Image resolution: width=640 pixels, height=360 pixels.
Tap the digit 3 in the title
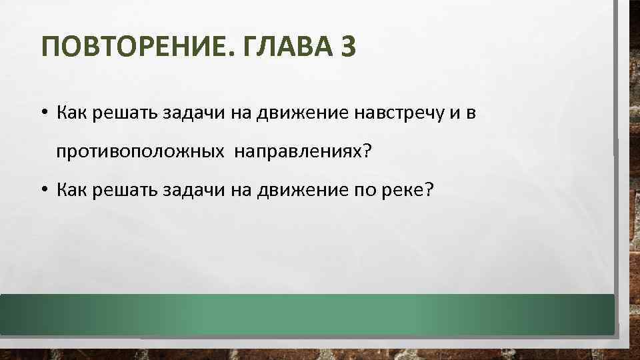(349, 48)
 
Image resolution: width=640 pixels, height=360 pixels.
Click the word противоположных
(139, 152)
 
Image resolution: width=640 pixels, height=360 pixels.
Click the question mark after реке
(429, 191)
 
